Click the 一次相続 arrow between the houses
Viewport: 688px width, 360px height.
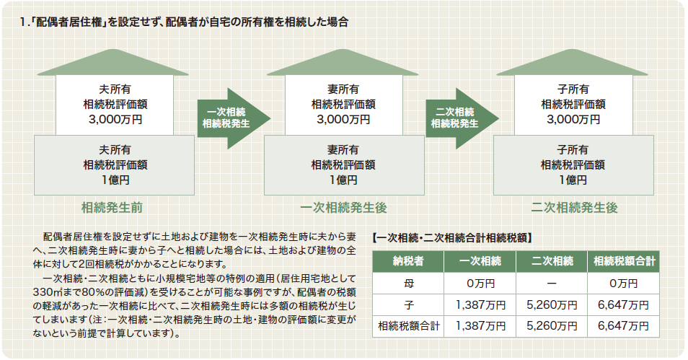(232, 118)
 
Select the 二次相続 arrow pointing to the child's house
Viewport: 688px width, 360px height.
(462, 118)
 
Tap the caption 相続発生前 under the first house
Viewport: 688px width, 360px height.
(113, 208)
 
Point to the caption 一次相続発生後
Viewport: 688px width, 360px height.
(343, 208)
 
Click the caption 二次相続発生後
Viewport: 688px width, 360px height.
(574, 208)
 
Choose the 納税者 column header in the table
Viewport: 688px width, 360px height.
(408, 262)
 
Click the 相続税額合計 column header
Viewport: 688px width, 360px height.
(624, 262)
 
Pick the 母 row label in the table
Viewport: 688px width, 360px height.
(408, 284)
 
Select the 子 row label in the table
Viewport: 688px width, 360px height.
(408, 305)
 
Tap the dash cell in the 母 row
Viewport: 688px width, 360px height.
(552, 284)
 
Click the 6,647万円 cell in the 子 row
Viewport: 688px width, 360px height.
(623, 305)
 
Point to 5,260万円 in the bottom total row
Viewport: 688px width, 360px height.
(552, 326)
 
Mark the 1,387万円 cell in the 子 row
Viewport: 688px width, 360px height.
(480, 305)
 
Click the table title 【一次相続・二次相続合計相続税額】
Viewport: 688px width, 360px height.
(452, 238)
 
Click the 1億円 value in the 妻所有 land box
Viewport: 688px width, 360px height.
(343, 180)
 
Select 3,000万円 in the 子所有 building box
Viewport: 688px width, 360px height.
(573, 120)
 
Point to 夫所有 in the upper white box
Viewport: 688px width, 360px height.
(115, 89)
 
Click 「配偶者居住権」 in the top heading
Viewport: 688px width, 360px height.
(69, 22)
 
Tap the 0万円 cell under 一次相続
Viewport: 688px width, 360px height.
(480, 284)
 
